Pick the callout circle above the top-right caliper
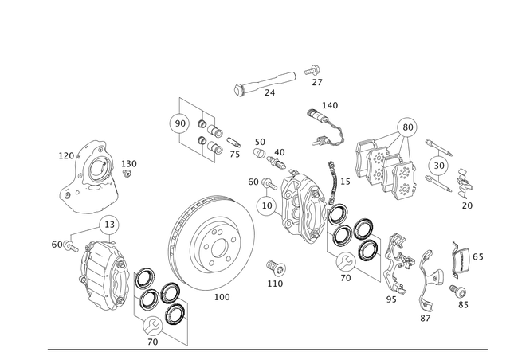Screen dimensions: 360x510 point(408,123)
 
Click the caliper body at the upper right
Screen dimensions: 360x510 point(382,164)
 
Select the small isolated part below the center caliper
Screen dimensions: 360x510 point(276,267)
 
